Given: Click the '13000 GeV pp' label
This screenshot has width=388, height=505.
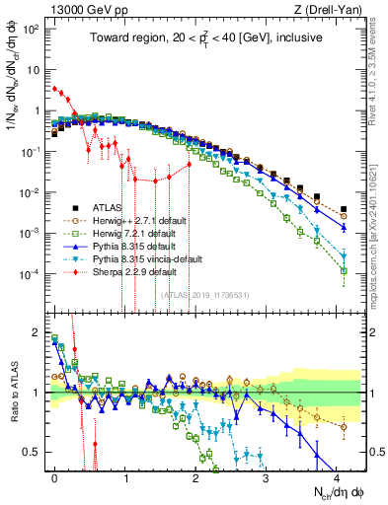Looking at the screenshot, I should pyautogui.click(x=78, y=9).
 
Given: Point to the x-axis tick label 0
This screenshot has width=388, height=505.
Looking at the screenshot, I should pyautogui.click(x=54, y=475).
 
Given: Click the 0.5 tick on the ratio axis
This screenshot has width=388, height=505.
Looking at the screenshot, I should pyautogui.click(x=34, y=453).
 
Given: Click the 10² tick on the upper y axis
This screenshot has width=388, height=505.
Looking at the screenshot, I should pyautogui.click(x=33, y=29).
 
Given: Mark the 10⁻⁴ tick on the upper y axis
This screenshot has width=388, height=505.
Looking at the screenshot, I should pyautogui.click(x=32, y=272).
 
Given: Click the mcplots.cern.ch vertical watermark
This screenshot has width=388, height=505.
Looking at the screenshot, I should pyautogui.click(x=380, y=222).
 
